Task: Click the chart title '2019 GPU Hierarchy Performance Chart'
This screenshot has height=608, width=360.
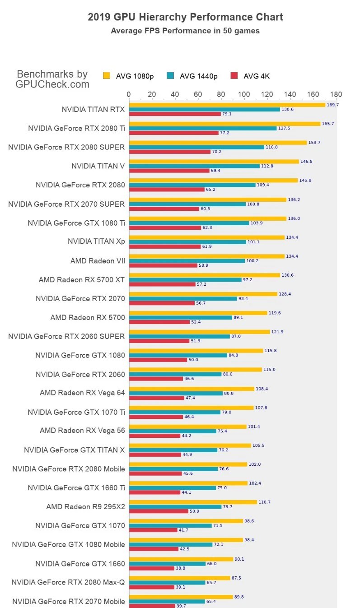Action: pyautogui.click(x=185, y=17)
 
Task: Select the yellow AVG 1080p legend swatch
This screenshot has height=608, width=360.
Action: pyautogui.click(x=107, y=75)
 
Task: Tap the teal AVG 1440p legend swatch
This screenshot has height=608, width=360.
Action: pyautogui.click(x=170, y=75)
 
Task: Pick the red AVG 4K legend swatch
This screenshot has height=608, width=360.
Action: pyautogui.click(x=234, y=75)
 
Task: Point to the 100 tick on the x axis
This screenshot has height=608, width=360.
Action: pyautogui.click(x=244, y=94)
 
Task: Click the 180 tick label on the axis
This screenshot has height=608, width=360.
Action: pyautogui.click(x=336, y=94)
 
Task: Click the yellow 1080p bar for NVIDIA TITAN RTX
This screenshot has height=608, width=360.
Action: pyautogui.click(x=227, y=105)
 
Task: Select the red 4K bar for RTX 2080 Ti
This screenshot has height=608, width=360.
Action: pyautogui.click(x=173, y=133)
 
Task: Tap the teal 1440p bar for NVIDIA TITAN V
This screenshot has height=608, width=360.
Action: pyautogui.click(x=194, y=166)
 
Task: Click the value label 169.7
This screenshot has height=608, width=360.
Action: pyautogui.click(x=332, y=105)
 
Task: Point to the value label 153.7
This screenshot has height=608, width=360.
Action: pyautogui.click(x=314, y=143)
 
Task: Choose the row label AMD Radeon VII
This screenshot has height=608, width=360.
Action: pyautogui.click(x=98, y=261)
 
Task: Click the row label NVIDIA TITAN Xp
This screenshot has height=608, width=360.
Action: pyautogui.click(x=96, y=241)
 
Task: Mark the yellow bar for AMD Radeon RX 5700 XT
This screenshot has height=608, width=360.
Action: pyautogui.click(x=204, y=275)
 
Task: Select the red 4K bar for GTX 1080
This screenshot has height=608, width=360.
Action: pyautogui.click(x=158, y=360)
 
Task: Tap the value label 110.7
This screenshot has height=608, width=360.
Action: pyautogui.click(x=264, y=502)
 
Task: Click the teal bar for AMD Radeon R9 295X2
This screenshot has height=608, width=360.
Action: pyautogui.click(x=175, y=507)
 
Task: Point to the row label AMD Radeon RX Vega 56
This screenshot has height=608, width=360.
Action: pyautogui.click(x=82, y=431)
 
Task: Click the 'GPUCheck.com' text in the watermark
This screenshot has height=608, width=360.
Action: pyautogui.click(x=52, y=84)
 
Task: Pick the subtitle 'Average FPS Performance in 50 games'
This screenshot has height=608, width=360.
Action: pyautogui.click(x=185, y=31)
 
